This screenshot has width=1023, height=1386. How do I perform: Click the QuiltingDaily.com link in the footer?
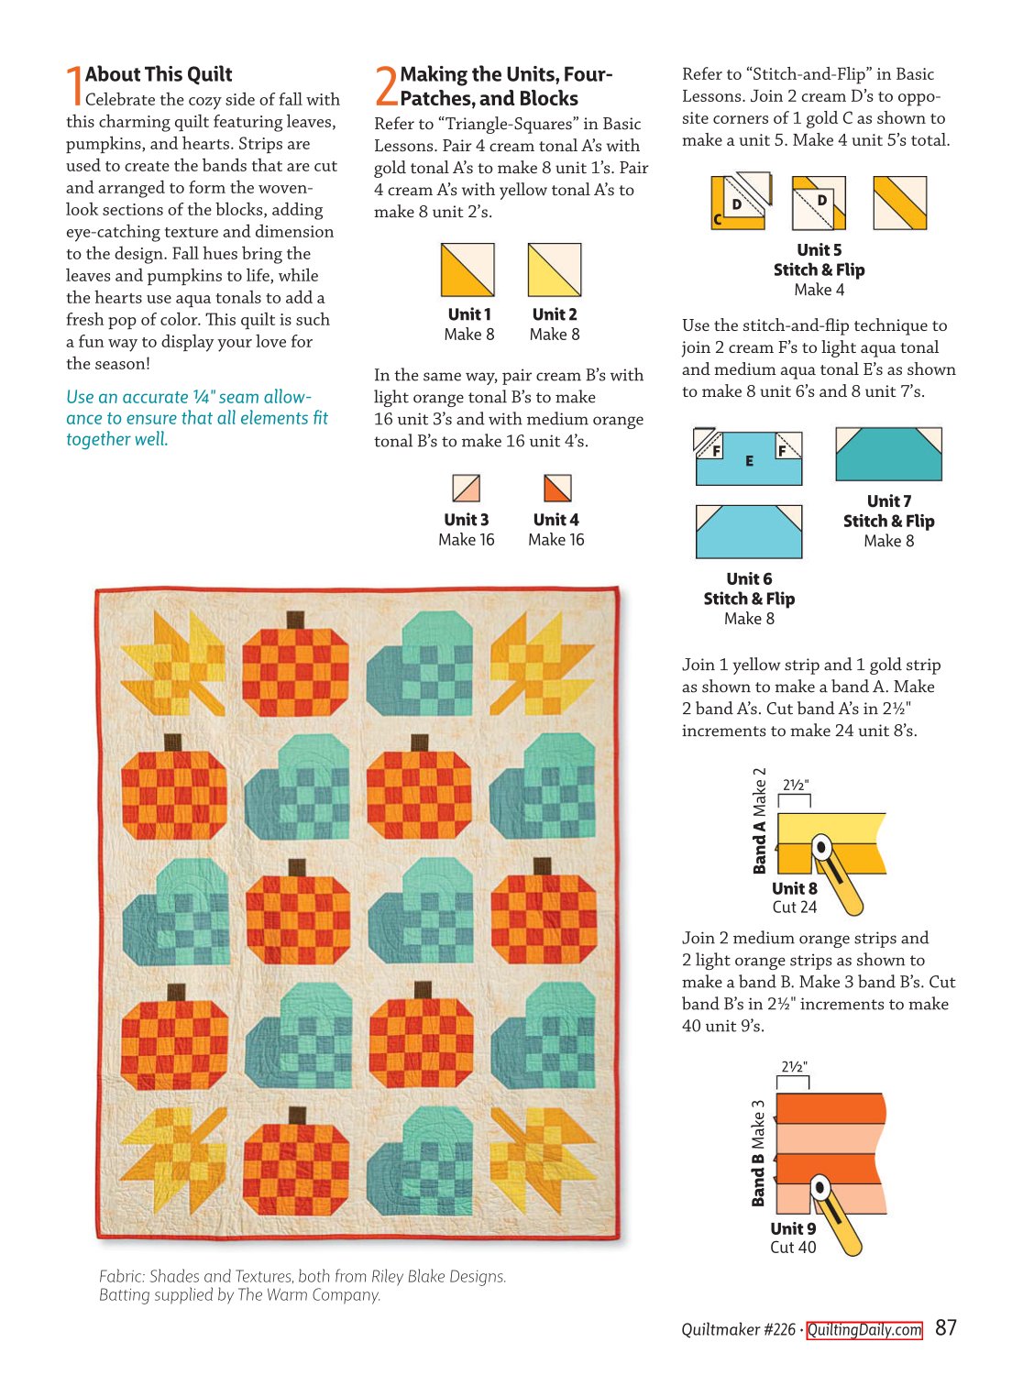(x=863, y=1329)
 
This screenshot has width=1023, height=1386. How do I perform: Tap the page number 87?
(x=945, y=1327)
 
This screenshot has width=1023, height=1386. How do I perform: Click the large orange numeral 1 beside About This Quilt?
(x=74, y=85)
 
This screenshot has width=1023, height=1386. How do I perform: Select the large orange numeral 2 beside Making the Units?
(x=386, y=85)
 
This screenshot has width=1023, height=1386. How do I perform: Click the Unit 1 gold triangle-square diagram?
(x=467, y=269)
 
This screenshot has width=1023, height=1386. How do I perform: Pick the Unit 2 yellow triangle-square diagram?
(x=555, y=269)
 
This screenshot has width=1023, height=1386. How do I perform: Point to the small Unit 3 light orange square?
(x=467, y=488)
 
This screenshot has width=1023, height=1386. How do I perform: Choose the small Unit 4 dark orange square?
(x=556, y=488)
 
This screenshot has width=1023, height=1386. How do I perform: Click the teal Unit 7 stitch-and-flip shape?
(x=888, y=454)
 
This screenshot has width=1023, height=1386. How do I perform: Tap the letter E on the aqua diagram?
(x=749, y=460)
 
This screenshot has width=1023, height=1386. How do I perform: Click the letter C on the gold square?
(x=718, y=219)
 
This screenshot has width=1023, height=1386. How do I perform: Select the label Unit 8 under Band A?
(x=794, y=888)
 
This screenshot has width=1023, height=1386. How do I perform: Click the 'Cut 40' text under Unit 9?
(x=793, y=1247)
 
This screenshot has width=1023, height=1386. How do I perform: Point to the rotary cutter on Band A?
(x=838, y=874)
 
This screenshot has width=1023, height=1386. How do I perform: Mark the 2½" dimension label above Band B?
(x=794, y=1066)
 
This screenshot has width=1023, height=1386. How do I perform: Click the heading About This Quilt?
(x=159, y=74)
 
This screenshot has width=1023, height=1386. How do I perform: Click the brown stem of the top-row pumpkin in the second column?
(x=295, y=620)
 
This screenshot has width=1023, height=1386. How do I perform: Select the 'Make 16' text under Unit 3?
(x=467, y=539)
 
